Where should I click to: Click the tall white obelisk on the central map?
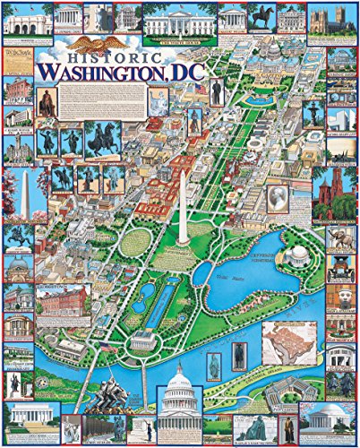pyautogui.click(x=182, y=208)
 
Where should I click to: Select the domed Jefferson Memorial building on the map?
pyautogui.click(x=296, y=254)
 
